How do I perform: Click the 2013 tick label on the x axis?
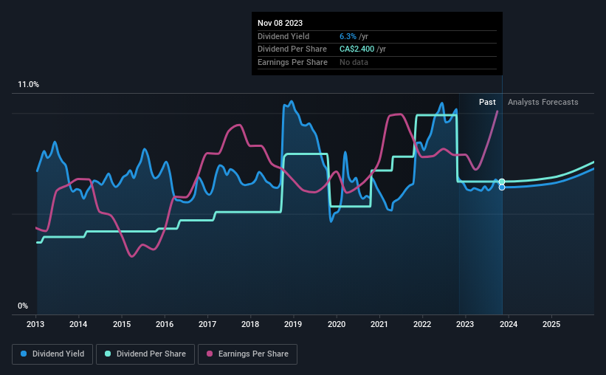tap(36, 324)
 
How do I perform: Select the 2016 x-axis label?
tap(165, 324)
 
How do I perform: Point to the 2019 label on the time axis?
tap(293, 324)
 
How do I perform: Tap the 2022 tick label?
tap(422, 324)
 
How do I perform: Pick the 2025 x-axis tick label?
tap(551, 324)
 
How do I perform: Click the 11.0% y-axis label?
tap(28, 85)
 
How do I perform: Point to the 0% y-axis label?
tap(23, 306)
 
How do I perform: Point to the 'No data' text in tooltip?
tap(354, 63)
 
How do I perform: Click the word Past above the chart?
tap(487, 102)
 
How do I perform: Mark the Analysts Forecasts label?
tap(543, 102)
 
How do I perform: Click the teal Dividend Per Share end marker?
tap(502, 182)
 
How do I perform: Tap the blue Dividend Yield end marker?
tap(502, 187)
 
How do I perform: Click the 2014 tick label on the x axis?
tap(79, 324)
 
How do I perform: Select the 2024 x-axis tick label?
tap(509, 324)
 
